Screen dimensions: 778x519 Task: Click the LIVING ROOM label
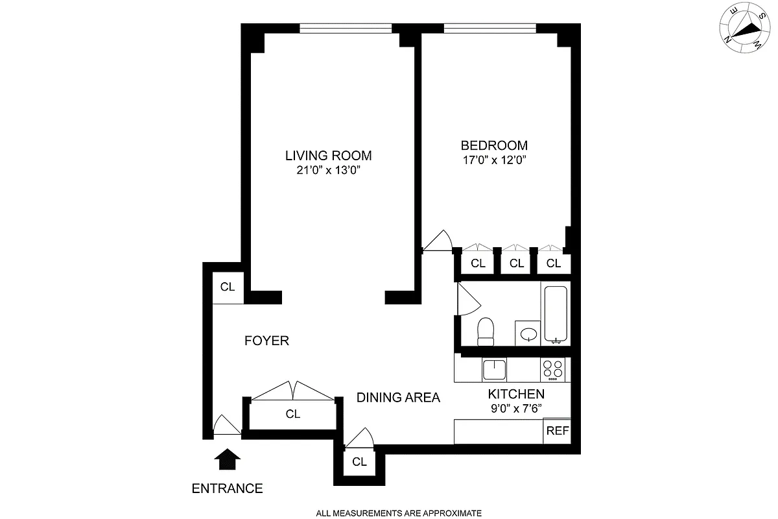click(x=328, y=156)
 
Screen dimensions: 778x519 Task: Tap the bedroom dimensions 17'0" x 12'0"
click(x=494, y=160)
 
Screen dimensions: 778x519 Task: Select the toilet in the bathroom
click(x=486, y=332)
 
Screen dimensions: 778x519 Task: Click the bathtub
click(x=556, y=314)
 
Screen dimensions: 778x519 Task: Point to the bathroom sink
click(x=528, y=334)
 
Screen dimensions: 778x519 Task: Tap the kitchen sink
click(x=494, y=370)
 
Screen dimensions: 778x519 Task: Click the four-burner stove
click(x=552, y=370)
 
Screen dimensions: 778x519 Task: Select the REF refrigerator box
click(x=557, y=431)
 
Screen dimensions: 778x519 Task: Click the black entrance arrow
click(x=227, y=459)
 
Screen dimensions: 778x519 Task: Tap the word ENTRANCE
click(x=227, y=489)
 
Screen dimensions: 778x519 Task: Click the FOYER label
click(x=266, y=341)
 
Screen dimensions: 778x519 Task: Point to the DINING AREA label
click(x=398, y=397)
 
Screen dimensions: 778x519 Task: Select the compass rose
click(x=745, y=28)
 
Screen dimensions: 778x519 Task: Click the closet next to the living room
click(x=228, y=288)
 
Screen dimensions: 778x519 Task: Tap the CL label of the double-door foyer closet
click(x=293, y=414)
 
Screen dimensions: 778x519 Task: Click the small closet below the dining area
click(x=359, y=463)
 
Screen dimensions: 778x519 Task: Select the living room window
click(x=346, y=29)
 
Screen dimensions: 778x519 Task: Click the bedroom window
click(x=489, y=29)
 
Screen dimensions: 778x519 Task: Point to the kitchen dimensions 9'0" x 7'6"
click(x=516, y=409)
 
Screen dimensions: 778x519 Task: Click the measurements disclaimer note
click(x=399, y=513)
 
